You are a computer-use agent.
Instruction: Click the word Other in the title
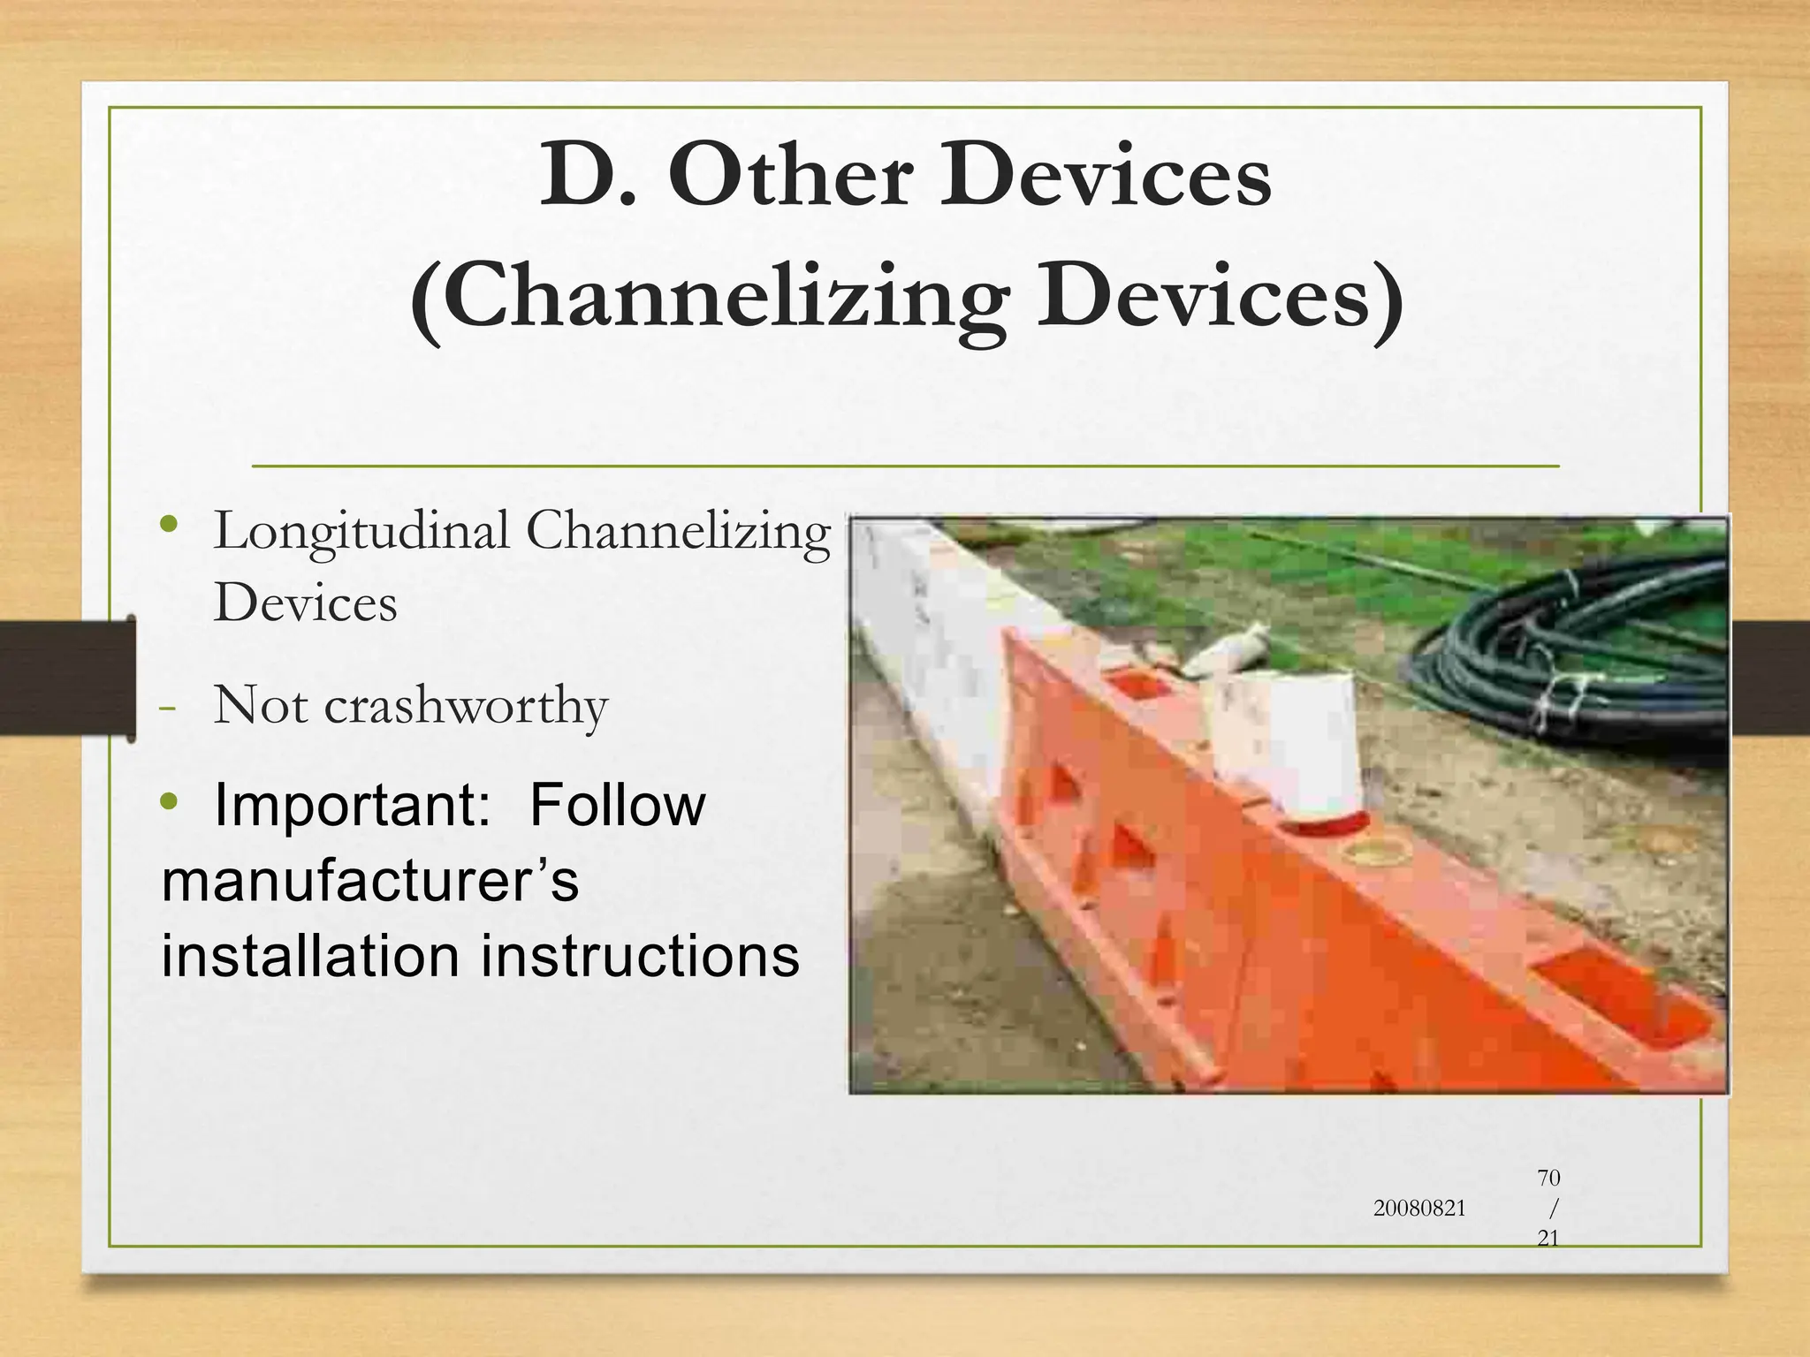789,177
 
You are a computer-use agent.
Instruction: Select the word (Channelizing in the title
707,300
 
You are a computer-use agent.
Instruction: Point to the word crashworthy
466,707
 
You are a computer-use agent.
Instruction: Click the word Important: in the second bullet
352,806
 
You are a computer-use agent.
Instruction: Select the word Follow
617,806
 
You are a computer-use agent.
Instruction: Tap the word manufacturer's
369,881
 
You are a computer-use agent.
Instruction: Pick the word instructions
639,956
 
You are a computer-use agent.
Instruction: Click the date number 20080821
1418,1209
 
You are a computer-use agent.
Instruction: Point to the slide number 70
1548,1178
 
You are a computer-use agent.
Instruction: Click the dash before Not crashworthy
167,709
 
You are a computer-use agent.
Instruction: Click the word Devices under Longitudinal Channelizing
305,604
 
